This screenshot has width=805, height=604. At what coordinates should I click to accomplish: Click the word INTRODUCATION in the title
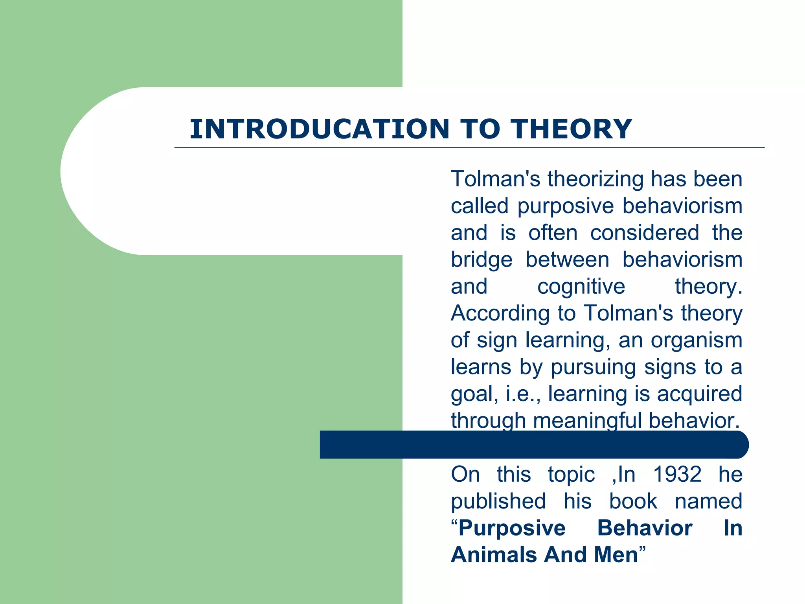click(320, 129)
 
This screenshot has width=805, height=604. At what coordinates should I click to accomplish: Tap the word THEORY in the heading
click(571, 129)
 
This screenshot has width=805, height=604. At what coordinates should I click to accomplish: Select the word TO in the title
click(480, 129)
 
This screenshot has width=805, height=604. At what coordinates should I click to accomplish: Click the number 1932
click(677, 474)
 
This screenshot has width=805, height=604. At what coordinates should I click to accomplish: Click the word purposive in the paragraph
click(565, 206)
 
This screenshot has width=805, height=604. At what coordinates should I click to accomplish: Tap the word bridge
click(482, 260)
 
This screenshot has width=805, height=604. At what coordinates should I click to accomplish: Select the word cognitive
click(581, 286)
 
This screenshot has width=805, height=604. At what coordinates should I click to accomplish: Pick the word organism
click(697, 340)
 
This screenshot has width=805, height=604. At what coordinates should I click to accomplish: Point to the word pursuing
click(593, 368)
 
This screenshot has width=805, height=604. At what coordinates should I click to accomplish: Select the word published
click(498, 501)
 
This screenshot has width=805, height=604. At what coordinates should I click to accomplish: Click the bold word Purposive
click(512, 528)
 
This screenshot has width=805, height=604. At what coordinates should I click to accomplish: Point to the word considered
click(645, 233)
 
